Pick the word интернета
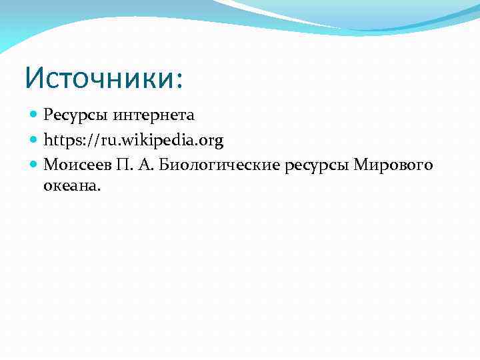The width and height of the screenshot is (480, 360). pyautogui.click(x=153, y=115)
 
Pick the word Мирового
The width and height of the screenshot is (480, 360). pyautogui.click(x=393, y=165)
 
